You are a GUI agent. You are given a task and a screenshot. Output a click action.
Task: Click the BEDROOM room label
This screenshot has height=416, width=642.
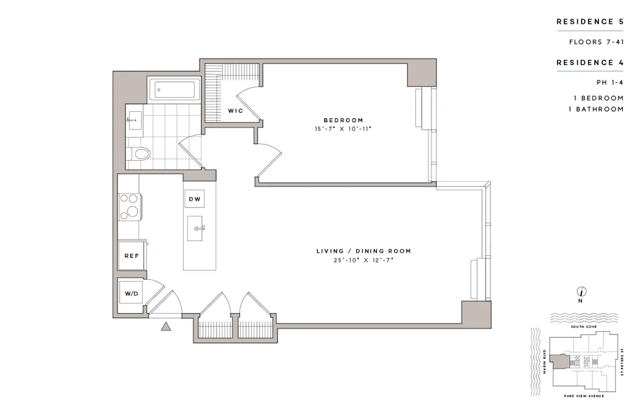pos(343,120)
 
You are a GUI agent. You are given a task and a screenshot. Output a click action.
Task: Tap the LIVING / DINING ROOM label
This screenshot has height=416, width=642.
pos(363,251)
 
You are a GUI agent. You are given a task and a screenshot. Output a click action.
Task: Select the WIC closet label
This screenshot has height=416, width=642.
pos(234,111)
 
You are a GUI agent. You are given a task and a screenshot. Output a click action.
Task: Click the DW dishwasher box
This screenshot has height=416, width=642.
pos(195,199)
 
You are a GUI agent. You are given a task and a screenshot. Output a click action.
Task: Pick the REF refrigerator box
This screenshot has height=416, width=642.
pos(132,255)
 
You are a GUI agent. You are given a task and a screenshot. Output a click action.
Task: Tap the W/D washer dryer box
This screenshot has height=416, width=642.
pos(131,294)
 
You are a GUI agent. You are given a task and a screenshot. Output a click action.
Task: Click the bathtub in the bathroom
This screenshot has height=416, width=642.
pos(175,91)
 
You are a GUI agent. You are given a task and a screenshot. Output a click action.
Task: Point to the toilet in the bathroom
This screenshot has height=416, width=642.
pos(139,154)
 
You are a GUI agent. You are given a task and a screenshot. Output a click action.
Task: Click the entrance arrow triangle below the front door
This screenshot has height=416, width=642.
pos(166,327)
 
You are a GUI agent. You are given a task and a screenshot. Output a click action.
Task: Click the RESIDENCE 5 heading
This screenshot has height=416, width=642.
pos(589,21)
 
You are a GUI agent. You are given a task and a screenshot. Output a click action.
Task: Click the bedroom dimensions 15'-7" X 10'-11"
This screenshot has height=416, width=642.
pos(343,129)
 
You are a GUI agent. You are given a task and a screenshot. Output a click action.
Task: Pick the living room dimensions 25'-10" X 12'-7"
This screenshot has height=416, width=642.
pos(363,260)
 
